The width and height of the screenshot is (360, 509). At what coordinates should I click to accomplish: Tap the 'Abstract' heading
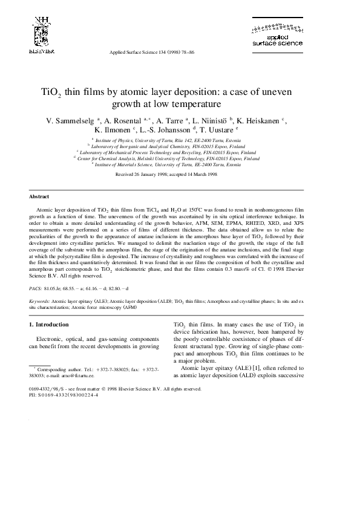[x=39, y=197]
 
